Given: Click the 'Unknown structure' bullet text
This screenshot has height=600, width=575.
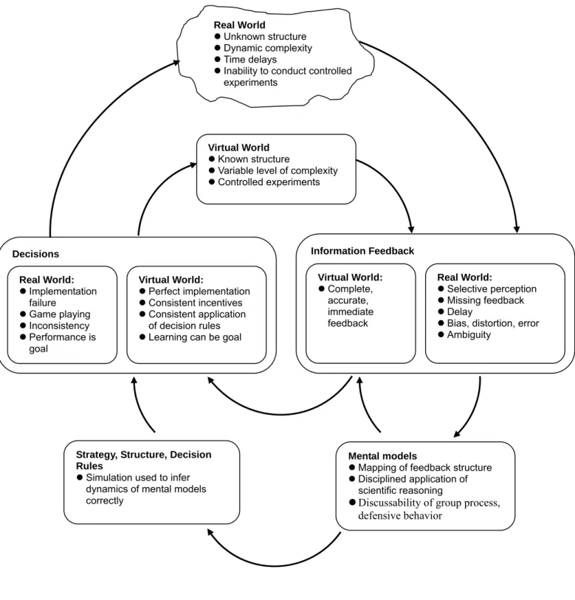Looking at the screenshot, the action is tap(265, 37).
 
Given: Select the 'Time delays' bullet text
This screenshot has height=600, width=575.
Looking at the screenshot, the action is tap(250, 60).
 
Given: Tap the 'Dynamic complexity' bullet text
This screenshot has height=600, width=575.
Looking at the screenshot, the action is tap(268, 48).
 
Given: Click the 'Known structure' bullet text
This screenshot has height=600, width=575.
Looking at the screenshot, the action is tap(253, 159).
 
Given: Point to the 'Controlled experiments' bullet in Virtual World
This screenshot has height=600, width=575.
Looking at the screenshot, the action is tap(269, 182).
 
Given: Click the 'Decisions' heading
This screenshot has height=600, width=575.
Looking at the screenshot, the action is tap(35, 254).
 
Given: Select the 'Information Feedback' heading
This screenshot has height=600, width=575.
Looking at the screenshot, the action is tap(362, 251).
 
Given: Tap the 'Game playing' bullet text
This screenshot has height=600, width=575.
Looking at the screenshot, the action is tap(60, 314).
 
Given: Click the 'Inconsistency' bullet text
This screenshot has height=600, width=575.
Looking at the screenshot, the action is tap(59, 326).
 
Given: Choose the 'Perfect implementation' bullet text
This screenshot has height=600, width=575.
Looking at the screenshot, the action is tap(199, 292).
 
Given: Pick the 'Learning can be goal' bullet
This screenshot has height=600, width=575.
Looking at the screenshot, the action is tap(195, 337).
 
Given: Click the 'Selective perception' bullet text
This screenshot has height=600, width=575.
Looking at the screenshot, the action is tap(492, 289).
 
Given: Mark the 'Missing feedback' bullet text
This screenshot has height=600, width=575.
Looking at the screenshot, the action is tap(485, 301).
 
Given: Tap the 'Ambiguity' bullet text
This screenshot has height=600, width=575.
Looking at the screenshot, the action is tap(469, 335).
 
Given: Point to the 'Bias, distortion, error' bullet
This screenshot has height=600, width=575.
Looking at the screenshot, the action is tap(492, 324).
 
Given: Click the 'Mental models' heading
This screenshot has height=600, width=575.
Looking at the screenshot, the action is tap(382, 456).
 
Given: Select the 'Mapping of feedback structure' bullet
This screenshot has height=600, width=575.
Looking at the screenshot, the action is tap(425, 468).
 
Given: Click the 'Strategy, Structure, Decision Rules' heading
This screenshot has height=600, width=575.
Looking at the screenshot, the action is tap(143, 461).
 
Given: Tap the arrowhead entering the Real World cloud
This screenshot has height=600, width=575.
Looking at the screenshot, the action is tap(177, 63).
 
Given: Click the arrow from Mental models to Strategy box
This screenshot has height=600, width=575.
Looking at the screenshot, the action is tap(274, 565).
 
